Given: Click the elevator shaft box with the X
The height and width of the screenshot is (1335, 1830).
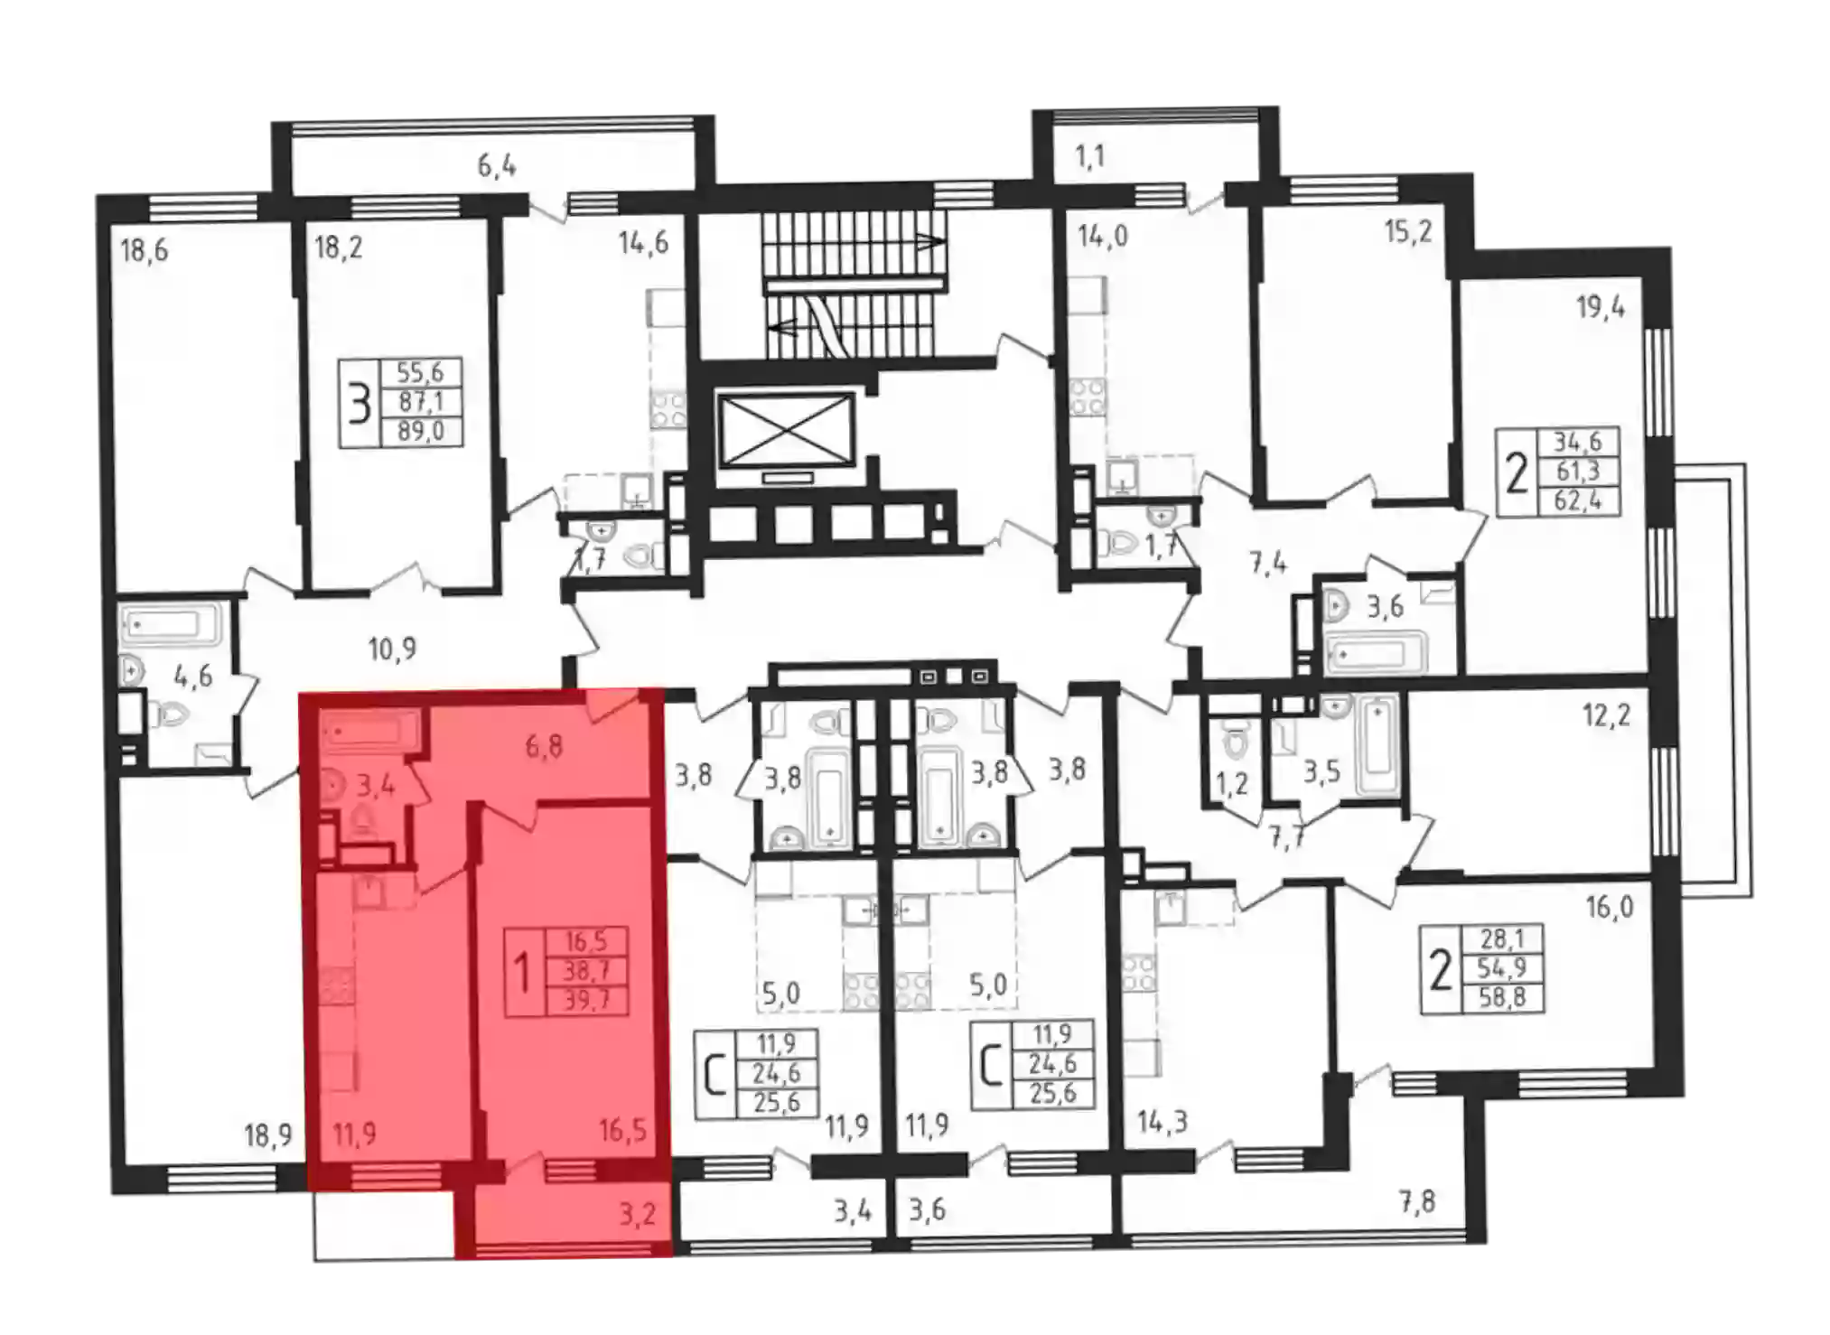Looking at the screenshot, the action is point(786,430).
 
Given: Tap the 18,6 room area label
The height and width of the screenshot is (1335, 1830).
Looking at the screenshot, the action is point(145,249).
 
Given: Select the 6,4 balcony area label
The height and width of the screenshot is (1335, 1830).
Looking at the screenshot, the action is point(497,165).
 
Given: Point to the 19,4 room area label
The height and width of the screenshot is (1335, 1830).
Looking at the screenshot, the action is point(1601,307).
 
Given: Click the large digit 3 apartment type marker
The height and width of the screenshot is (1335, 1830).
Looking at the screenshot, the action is point(359,404).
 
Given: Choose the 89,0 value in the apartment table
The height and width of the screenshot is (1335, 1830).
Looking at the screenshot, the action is point(420,431).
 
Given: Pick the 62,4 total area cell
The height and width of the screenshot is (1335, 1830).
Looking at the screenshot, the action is point(1577,499).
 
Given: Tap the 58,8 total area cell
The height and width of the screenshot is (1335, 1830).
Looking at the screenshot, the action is point(1501,997).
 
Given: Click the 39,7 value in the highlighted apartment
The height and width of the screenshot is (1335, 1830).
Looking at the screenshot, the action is point(586,1000).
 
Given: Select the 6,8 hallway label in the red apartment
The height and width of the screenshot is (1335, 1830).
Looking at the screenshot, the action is point(545,745).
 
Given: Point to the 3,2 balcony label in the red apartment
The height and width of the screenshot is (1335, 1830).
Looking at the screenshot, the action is point(637,1214).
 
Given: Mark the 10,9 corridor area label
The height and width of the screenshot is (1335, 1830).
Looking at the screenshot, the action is point(392,649).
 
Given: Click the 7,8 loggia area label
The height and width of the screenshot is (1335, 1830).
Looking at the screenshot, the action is point(1417,1201).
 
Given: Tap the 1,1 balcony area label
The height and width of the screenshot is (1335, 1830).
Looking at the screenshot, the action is point(1090,157).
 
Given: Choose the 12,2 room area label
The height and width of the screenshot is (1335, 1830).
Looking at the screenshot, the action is point(1606,715).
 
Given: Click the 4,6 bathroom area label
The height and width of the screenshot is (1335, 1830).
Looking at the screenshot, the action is point(193,675).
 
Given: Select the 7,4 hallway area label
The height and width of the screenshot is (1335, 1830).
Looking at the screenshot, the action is point(1268,564).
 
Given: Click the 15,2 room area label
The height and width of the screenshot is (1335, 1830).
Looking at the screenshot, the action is point(1408,231).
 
